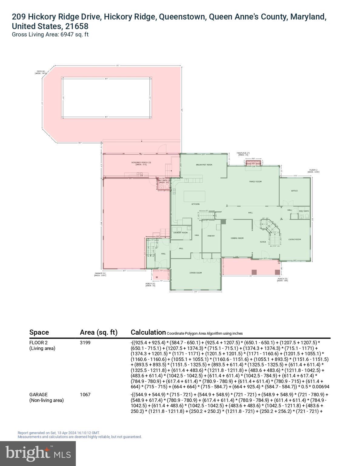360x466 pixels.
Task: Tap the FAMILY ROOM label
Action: click(255, 182)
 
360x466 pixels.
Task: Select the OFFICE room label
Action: click(294, 191)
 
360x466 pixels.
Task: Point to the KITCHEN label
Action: click(195, 204)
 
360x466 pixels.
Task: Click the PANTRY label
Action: click(211, 236)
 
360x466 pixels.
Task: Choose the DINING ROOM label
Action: click(237, 238)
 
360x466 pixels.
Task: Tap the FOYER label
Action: click(263, 242)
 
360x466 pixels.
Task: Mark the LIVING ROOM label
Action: click(294, 239)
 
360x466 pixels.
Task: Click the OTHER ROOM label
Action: click(196, 273)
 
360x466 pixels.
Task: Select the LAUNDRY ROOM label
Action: click(180, 233)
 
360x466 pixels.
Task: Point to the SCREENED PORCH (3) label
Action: click(141, 163)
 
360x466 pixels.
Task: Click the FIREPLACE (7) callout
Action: click(243, 153)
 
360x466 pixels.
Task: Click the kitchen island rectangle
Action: click(194, 196)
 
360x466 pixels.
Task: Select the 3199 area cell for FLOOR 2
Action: click(85, 343)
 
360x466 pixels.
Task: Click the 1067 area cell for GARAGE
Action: click(85, 395)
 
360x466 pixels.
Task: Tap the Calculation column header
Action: click(148, 332)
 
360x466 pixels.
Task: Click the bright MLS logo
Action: click(38, 453)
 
